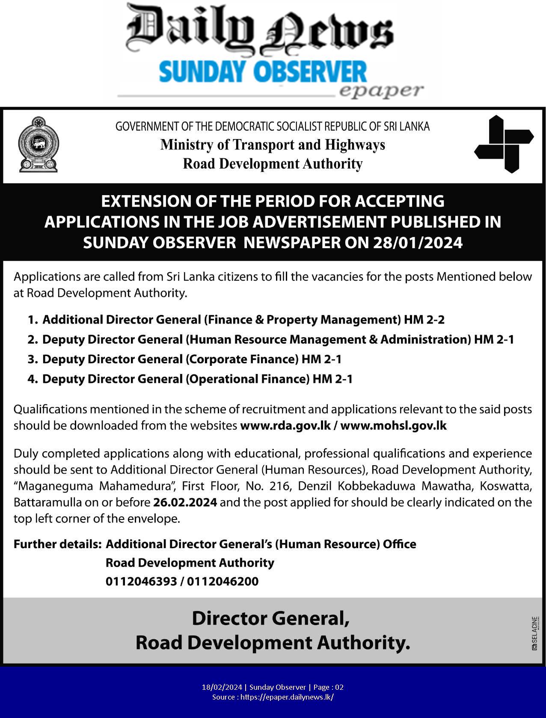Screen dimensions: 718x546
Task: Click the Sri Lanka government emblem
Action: tap(38, 144)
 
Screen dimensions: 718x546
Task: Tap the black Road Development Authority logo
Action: tap(504, 144)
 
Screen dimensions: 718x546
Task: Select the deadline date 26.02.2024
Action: tap(185, 502)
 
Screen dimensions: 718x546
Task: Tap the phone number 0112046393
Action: tap(141, 581)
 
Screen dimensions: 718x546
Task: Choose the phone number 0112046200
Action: tap(223, 581)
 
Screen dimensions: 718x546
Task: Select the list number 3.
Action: tap(32, 359)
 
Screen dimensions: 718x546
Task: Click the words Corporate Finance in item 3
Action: tap(242, 359)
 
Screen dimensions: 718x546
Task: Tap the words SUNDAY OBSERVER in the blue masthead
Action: tap(263, 71)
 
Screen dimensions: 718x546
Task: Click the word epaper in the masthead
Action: tap(381, 91)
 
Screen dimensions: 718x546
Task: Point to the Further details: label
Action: tap(57, 544)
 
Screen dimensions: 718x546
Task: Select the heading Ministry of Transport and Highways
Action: tap(273, 145)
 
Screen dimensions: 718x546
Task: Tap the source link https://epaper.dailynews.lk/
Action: tap(287, 697)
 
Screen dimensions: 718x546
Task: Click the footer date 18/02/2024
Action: tap(222, 687)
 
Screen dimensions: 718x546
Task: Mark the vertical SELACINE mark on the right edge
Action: tap(534, 633)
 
